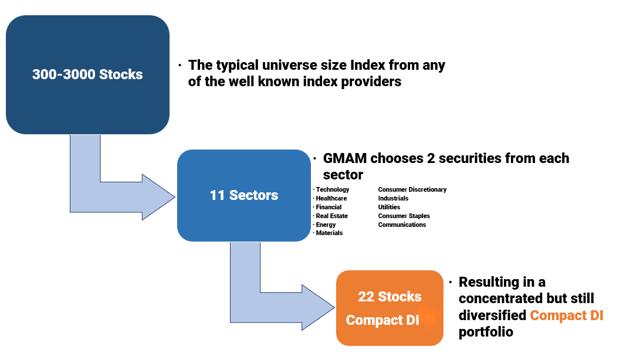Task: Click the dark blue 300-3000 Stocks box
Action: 88,74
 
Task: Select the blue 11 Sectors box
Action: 244,195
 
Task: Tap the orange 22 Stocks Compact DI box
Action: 390,308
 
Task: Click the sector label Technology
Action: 333,190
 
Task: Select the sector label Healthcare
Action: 331,198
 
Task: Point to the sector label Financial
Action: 329,207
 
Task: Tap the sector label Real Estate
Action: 332,216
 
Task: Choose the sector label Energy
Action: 326,225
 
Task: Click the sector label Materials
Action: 329,233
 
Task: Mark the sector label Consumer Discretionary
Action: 412,190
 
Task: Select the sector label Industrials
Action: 393,198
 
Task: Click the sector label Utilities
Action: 389,207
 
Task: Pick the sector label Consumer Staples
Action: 404,216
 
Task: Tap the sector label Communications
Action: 402,225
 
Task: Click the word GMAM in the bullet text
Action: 345,158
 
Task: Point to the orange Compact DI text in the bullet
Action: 567,315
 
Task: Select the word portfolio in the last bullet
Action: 486,332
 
